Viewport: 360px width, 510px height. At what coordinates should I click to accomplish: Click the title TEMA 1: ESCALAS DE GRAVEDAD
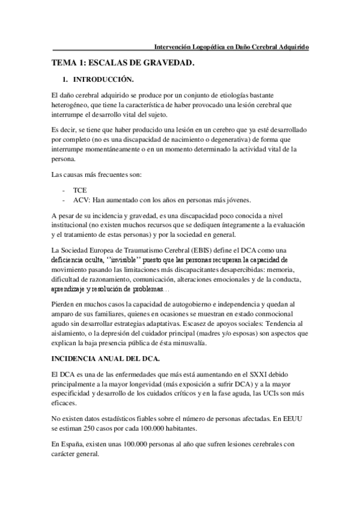123,63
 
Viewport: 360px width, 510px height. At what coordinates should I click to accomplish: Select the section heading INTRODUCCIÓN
103,79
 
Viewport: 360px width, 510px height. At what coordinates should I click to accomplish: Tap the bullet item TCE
79,189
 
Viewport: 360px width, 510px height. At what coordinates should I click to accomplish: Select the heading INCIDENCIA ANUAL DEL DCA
106,360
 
